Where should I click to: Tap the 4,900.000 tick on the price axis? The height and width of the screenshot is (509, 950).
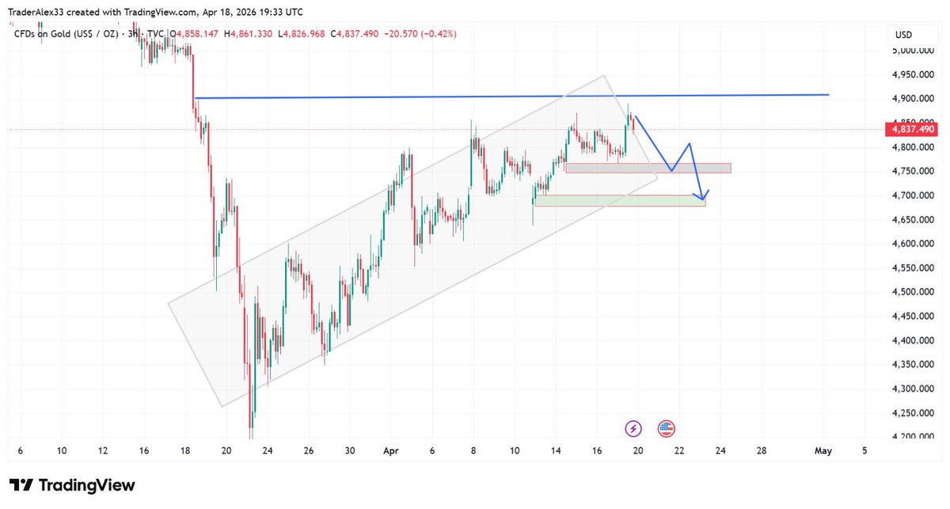coord(910,99)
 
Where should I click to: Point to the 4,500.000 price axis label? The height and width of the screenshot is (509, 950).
coord(910,292)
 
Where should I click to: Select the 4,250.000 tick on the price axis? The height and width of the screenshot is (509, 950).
coord(910,413)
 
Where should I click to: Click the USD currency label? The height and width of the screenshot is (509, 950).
coord(904,35)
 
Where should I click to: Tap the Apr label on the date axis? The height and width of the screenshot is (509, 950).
coord(390,451)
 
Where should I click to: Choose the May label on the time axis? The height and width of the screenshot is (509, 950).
coord(823,451)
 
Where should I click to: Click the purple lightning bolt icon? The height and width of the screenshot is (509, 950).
coord(633,429)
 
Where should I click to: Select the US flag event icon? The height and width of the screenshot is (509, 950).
coord(666,429)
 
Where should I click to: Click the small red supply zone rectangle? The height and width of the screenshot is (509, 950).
coord(648,168)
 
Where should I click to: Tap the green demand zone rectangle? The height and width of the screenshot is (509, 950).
coord(619,201)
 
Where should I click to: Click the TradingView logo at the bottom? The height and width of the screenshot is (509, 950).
coord(72,485)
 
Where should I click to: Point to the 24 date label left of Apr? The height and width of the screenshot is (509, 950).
coord(268,451)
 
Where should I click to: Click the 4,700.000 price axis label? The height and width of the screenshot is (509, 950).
coord(910,196)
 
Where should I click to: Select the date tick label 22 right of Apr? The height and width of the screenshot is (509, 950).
coord(679,451)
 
